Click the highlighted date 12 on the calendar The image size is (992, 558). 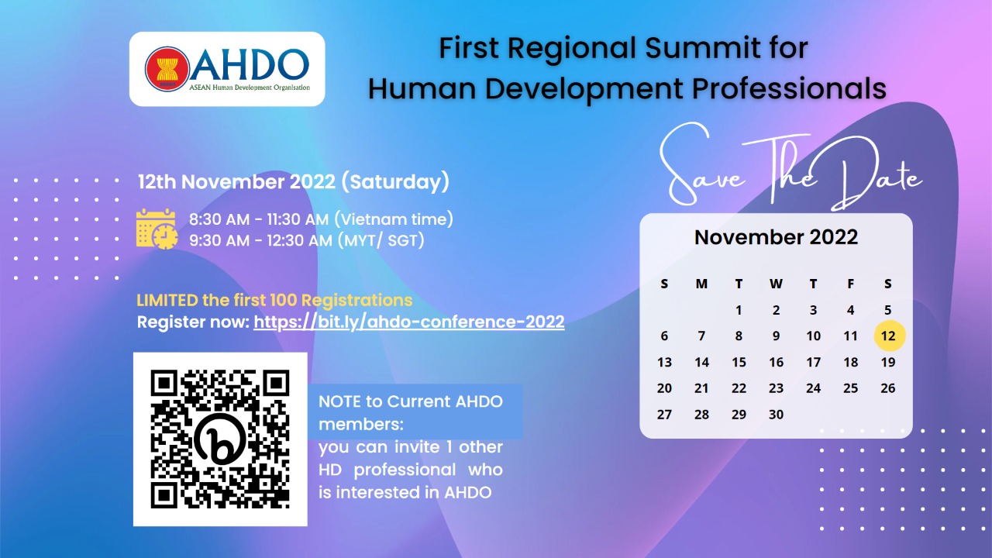point(889,336)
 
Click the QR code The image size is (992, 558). point(220,439)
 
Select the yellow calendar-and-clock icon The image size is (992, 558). point(157,229)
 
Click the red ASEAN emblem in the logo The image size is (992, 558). point(167,69)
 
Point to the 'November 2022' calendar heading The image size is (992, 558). point(776,237)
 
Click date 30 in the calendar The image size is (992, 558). point(776,415)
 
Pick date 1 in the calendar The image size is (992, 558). point(739,310)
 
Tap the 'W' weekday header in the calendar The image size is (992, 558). point(776,284)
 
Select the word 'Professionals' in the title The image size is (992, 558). point(789,88)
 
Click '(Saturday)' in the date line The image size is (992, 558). point(395,182)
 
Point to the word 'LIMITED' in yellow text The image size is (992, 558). point(167,300)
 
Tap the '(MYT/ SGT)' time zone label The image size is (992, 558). point(381,240)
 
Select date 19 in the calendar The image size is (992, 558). point(888,362)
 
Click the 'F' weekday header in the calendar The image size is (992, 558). point(851,284)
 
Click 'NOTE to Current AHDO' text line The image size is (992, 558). point(411,401)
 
